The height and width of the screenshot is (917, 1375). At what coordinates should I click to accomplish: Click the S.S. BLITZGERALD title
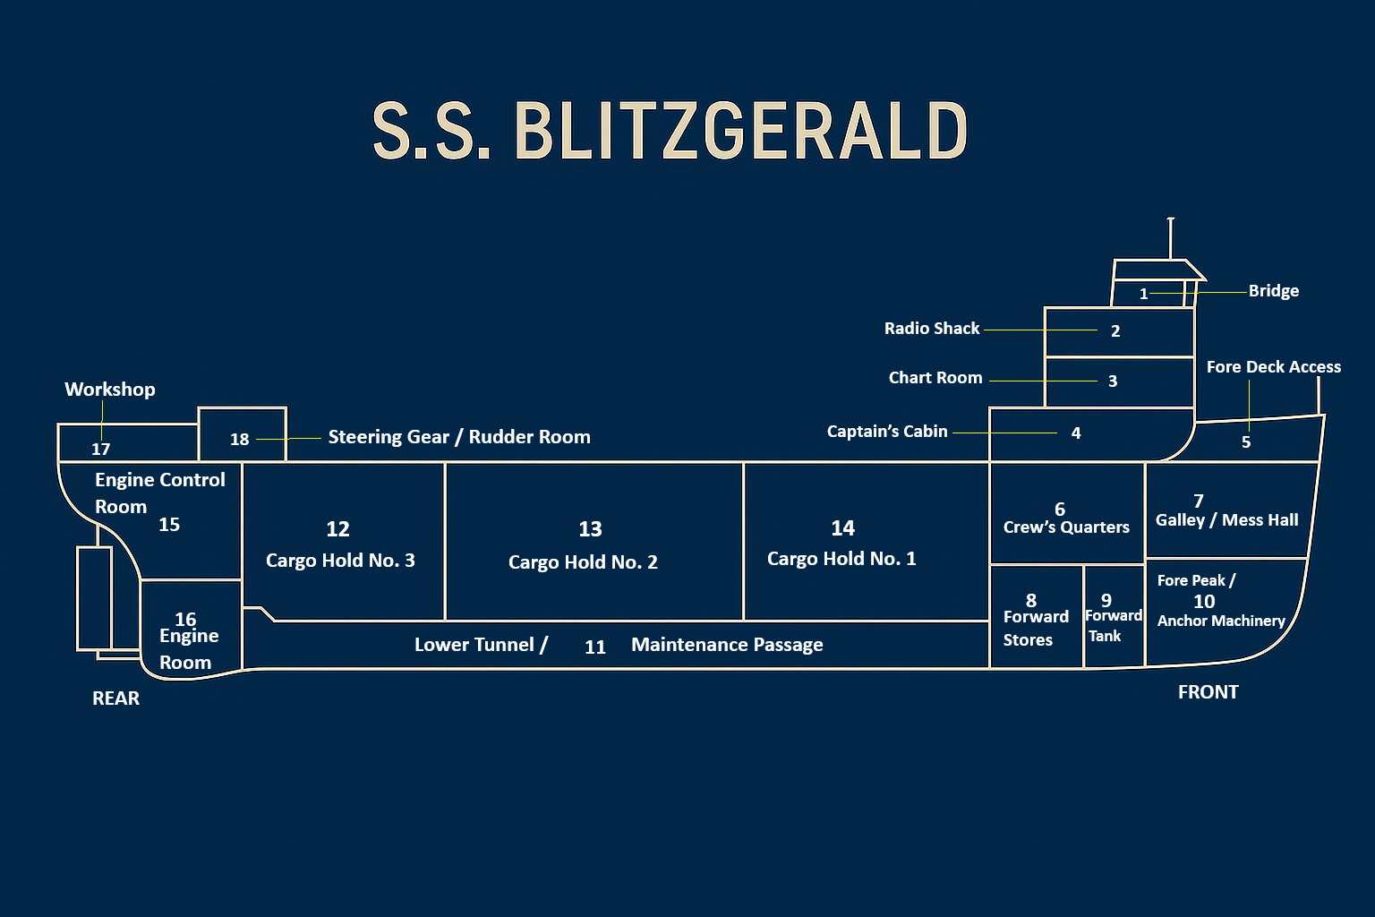click(x=670, y=131)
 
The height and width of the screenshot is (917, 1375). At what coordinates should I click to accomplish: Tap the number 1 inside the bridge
click(x=1143, y=294)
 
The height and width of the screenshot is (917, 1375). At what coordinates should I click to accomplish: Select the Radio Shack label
click(x=932, y=329)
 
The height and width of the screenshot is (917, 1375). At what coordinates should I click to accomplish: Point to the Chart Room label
click(x=935, y=378)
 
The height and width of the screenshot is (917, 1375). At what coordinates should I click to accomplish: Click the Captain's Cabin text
click(x=887, y=432)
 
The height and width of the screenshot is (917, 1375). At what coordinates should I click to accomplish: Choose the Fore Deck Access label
click(x=1273, y=367)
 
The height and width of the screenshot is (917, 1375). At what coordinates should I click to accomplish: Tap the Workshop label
click(x=110, y=390)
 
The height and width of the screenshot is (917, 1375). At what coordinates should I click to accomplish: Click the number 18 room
click(x=240, y=439)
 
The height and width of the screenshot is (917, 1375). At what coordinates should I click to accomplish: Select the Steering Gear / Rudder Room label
click(x=459, y=437)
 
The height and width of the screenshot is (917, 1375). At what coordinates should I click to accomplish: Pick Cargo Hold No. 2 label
click(x=583, y=562)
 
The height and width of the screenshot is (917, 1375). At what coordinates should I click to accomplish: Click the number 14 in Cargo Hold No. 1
click(x=842, y=528)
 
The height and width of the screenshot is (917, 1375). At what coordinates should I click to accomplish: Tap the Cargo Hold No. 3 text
click(x=340, y=561)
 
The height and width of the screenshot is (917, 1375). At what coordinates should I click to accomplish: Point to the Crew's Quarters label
click(x=1066, y=527)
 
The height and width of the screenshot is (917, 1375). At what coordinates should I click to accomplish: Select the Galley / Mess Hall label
click(x=1226, y=520)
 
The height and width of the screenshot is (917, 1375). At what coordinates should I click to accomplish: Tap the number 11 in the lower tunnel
click(x=595, y=647)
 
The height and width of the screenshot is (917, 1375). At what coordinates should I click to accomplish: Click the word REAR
click(x=115, y=698)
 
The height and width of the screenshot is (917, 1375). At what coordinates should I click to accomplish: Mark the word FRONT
click(x=1208, y=692)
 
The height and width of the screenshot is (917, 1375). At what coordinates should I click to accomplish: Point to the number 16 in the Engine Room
click(x=185, y=619)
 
